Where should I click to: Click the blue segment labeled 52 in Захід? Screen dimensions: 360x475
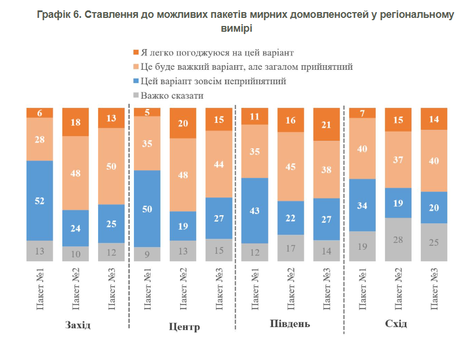coord(40,200)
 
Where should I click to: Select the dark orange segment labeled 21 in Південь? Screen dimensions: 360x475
coord(327,124)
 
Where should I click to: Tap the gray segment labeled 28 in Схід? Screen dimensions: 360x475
coord(398,239)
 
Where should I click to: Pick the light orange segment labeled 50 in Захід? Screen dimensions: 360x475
coord(111,166)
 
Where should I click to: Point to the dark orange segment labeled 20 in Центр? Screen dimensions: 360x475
coord(183,123)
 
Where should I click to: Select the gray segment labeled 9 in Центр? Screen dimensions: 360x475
coord(147,254)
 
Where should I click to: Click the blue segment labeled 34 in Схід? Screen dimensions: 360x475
coord(362,205)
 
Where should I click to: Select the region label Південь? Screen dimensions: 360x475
coord(290,324)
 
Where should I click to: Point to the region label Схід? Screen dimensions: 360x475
coord(396,324)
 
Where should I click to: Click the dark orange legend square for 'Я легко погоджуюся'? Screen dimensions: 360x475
coord(136,52)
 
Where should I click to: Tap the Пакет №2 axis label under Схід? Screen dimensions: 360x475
coord(398,289)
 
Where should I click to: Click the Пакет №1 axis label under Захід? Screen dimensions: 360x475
coord(40,289)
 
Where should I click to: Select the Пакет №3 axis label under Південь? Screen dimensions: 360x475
coord(326,289)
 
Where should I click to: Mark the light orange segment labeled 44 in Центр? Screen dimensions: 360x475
coord(219,164)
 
